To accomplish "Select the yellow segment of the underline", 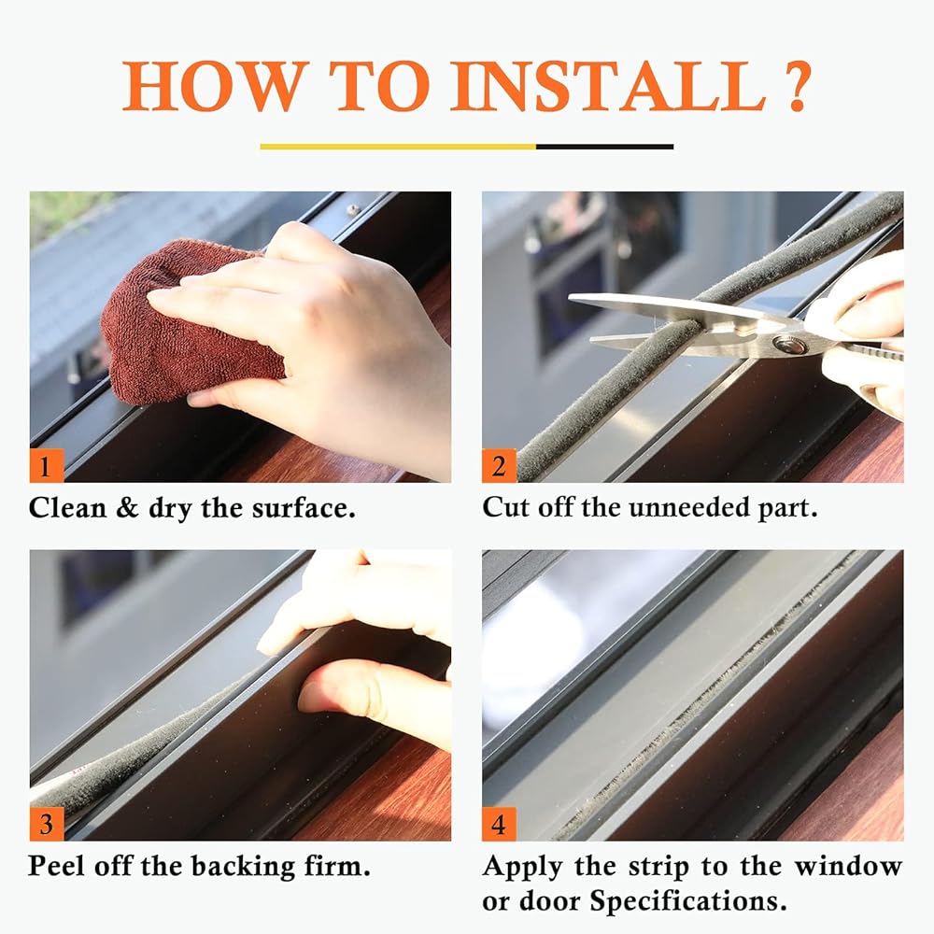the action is click(x=398, y=147).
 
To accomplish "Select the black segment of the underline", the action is click(x=604, y=147).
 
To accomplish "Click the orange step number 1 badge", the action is click(x=47, y=465).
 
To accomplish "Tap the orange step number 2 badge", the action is click(x=499, y=465).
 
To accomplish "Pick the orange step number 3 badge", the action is click(x=47, y=824).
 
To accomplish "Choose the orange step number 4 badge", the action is click(x=499, y=824).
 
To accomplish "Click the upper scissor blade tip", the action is click(x=570, y=297).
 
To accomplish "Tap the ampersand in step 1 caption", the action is click(x=127, y=508).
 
